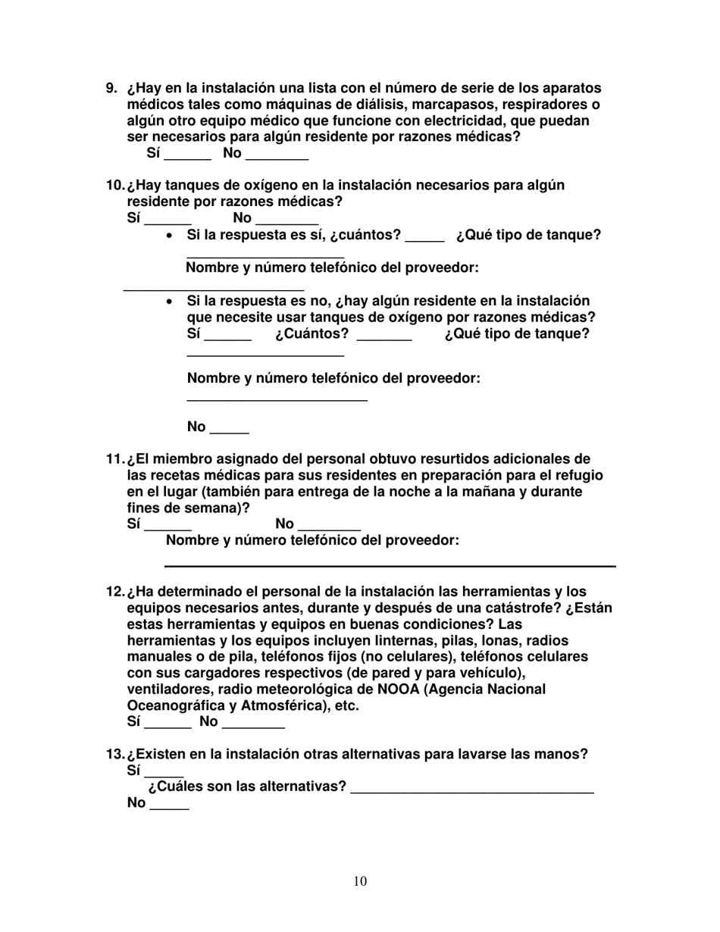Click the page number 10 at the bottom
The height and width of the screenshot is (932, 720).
[360, 880]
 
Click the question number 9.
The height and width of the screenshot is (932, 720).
[111, 88]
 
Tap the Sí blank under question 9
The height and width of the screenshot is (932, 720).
[187, 158]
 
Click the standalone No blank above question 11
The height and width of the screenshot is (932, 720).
[229, 432]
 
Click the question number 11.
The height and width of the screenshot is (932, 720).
[114, 459]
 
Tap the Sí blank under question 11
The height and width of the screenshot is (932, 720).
[167, 529]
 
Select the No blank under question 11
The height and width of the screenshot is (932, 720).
[330, 529]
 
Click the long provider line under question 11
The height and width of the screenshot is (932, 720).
[390, 565]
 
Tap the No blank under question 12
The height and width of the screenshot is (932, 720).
[253, 727]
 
